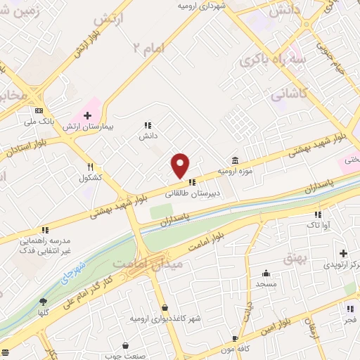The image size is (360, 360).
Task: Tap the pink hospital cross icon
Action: (87, 116)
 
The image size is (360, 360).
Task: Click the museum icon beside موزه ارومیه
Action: (234, 160)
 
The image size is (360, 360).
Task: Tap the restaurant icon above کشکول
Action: (91, 167)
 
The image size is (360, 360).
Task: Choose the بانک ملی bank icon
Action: (38, 111)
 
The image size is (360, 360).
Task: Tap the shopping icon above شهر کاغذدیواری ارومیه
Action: (165, 307)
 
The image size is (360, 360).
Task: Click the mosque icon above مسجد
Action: (266, 273)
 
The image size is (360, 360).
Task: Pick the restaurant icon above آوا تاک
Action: (318, 214)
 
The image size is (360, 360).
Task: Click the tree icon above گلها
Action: (44, 302)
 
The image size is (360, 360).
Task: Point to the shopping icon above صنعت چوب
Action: (125, 345)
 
